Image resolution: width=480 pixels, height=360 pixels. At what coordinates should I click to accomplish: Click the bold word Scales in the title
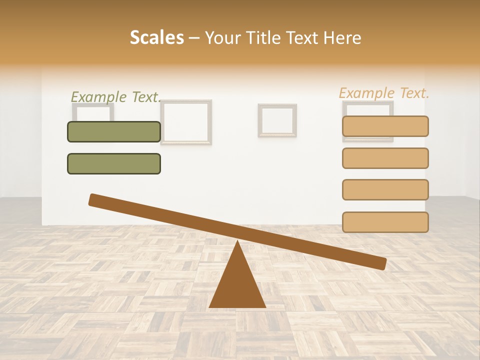pos(157,37)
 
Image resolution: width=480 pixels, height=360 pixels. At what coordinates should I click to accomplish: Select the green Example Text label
pos(115,97)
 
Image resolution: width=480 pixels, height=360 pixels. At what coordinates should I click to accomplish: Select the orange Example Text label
pos(384,93)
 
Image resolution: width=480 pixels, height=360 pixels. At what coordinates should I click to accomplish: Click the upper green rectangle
pos(114,131)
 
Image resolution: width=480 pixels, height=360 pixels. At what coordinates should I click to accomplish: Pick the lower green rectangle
pos(114,163)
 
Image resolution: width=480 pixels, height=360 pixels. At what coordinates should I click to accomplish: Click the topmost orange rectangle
pos(385,126)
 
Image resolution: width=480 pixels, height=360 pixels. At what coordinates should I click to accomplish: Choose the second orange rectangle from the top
pos(385,158)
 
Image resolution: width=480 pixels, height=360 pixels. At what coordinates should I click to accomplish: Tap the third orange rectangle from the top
pos(385,189)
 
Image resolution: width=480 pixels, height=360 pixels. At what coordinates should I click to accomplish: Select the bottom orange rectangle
pos(385,222)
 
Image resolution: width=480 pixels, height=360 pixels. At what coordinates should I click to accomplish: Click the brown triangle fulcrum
pos(237,285)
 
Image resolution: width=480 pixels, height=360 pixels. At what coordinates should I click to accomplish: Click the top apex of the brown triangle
pos(237,242)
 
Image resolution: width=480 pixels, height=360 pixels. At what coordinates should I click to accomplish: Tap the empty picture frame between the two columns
pos(277,120)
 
